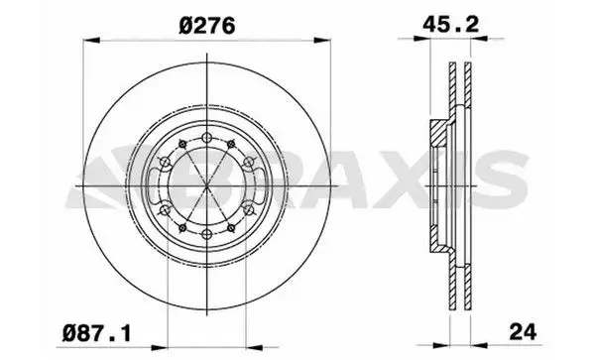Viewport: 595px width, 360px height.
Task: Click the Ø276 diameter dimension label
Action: click(204, 27)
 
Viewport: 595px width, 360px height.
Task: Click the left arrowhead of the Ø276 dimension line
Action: click(87, 41)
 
